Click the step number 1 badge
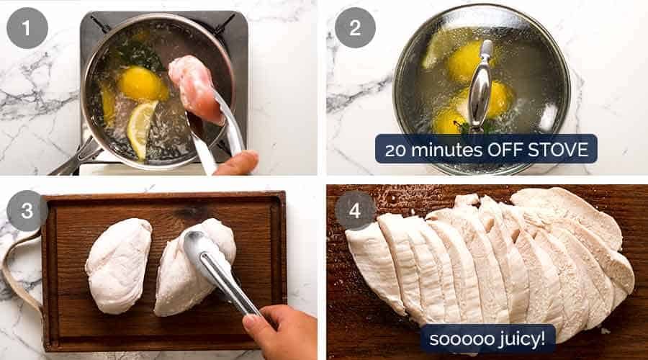click(x=27, y=28)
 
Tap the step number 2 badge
click(x=355, y=28)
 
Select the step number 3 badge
click(x=27, y=210)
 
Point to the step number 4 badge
click(x=355, y=210)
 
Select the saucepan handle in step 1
click(x=76, y=158)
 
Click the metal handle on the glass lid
click(x=481, y=86)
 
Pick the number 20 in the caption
click(x=399, y=150)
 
